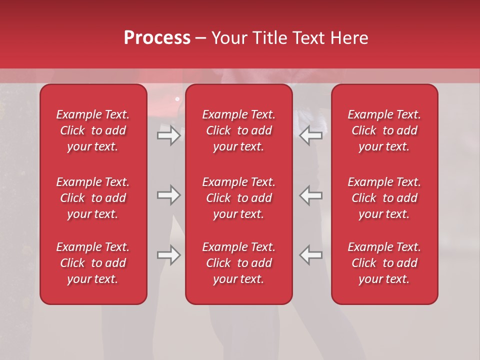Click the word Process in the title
tap(157, 37)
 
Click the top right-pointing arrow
tap(169, 135)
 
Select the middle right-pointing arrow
tap(169, 195)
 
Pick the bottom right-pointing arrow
tap(169, 255)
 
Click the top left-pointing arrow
tap(311, 135)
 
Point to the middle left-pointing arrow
tap(311, 195)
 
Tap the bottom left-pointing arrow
tap(311, 255)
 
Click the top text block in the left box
tap(93, 130)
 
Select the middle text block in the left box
tap(93, 198)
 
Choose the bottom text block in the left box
tap(93, 263)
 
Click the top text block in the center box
tap(239, 130)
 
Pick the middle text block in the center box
tap(239, 198)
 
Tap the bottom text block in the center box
tap(239, 263)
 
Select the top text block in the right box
tap(384, 130)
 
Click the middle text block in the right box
tap(384, 198)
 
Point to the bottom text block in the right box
tap(384, 263)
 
